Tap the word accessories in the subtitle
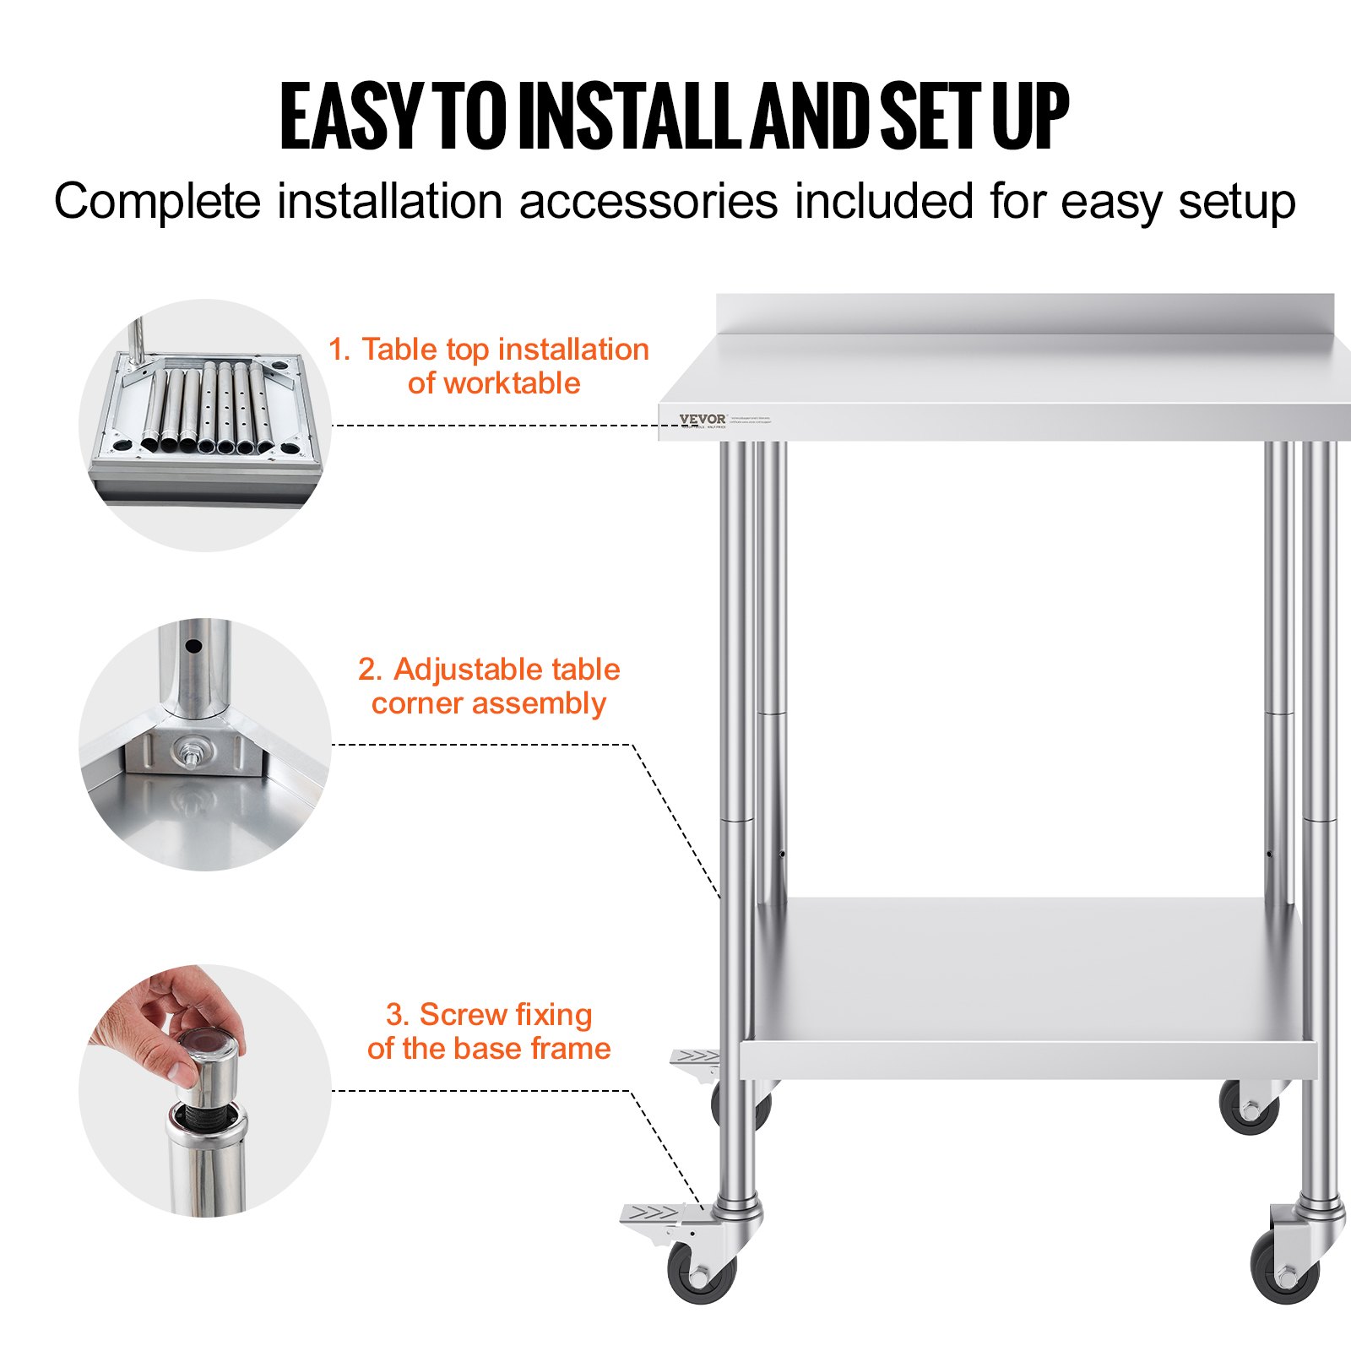coord(648,203)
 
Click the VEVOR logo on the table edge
coord(702,419)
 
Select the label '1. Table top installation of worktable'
coord(489,366)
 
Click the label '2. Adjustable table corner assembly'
coord(489,686)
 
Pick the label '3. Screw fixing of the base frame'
coord(489,1031)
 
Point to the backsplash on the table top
coord(1024,313)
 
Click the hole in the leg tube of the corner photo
coord(193,648)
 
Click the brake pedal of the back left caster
coord(695,1058)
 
